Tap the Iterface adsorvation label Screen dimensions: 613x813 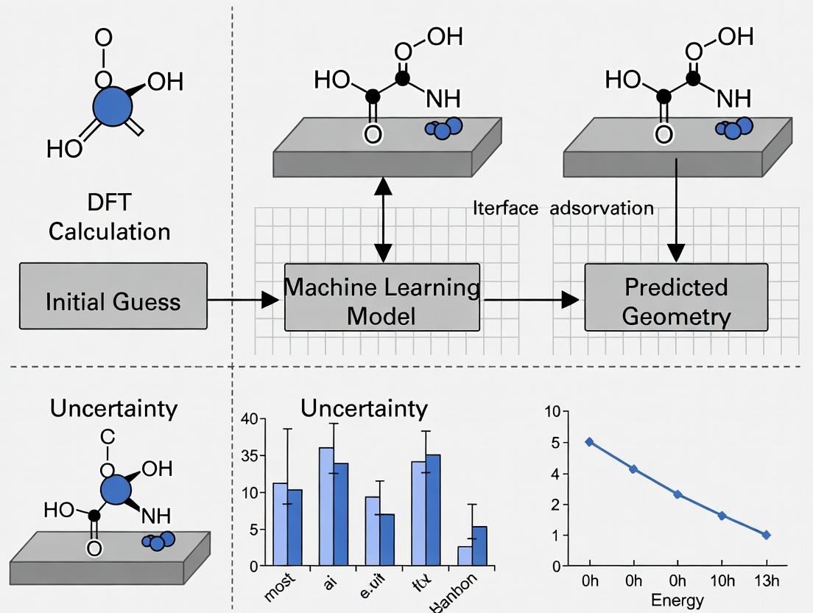563,209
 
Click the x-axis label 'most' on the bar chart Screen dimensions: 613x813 279,590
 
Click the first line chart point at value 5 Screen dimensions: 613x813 589,442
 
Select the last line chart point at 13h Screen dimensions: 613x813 767,535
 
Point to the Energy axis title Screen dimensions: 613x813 677,600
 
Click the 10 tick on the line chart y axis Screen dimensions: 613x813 552,412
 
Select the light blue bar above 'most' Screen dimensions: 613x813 280,524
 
